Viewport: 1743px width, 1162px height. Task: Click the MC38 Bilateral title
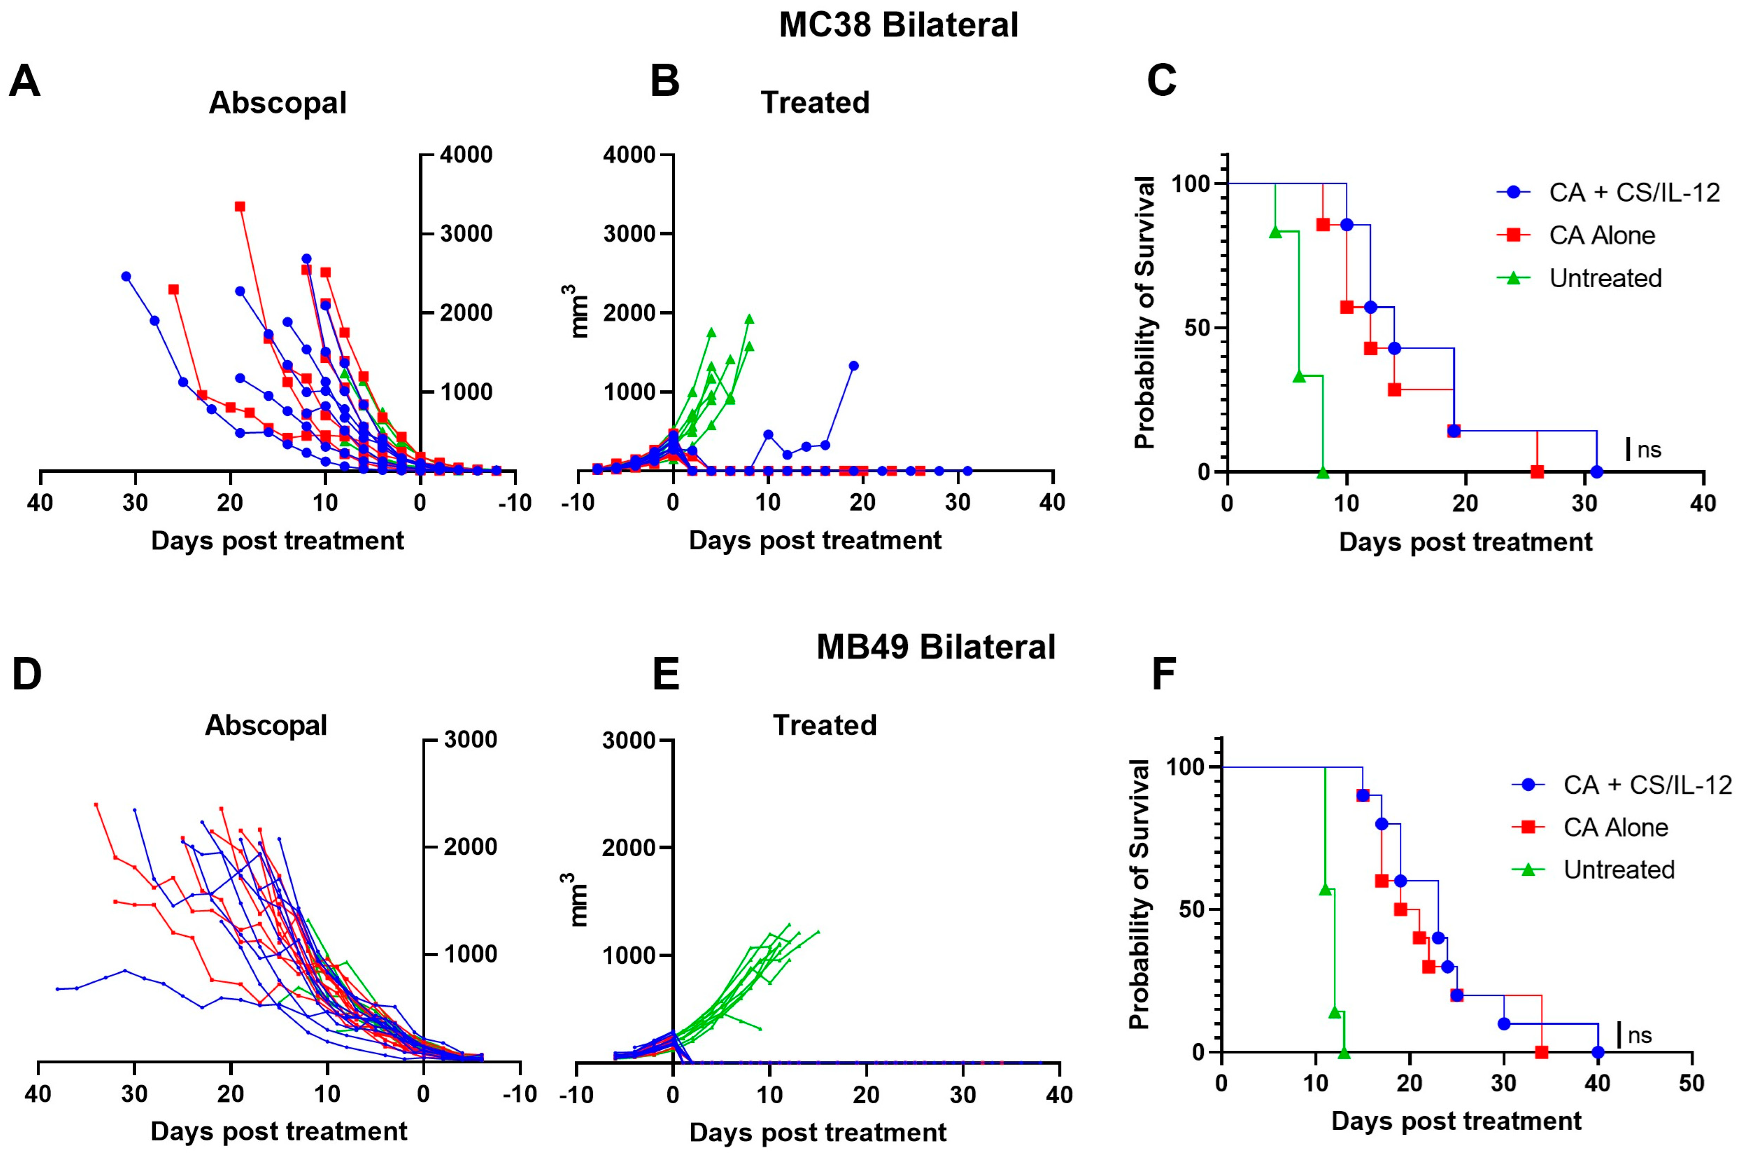tap(898, 25)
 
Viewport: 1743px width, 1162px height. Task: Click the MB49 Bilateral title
tap(935, 647)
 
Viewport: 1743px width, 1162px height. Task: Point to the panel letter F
tap(1163, 674)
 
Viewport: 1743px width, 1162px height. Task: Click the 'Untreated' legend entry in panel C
tap(1605, 279)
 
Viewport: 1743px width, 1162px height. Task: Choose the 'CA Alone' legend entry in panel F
tap(1616, 827)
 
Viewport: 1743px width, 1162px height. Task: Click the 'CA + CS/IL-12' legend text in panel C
tap(1634, 193)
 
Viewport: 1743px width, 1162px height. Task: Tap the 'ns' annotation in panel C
tap(1650, 450)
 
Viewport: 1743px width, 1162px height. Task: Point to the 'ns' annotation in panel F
tap(1640, 1035)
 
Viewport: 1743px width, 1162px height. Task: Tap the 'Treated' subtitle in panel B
tap(814, 103)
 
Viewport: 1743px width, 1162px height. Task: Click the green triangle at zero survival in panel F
tap(1344, 1052)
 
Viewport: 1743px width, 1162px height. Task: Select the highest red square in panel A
tap(240, 207)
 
